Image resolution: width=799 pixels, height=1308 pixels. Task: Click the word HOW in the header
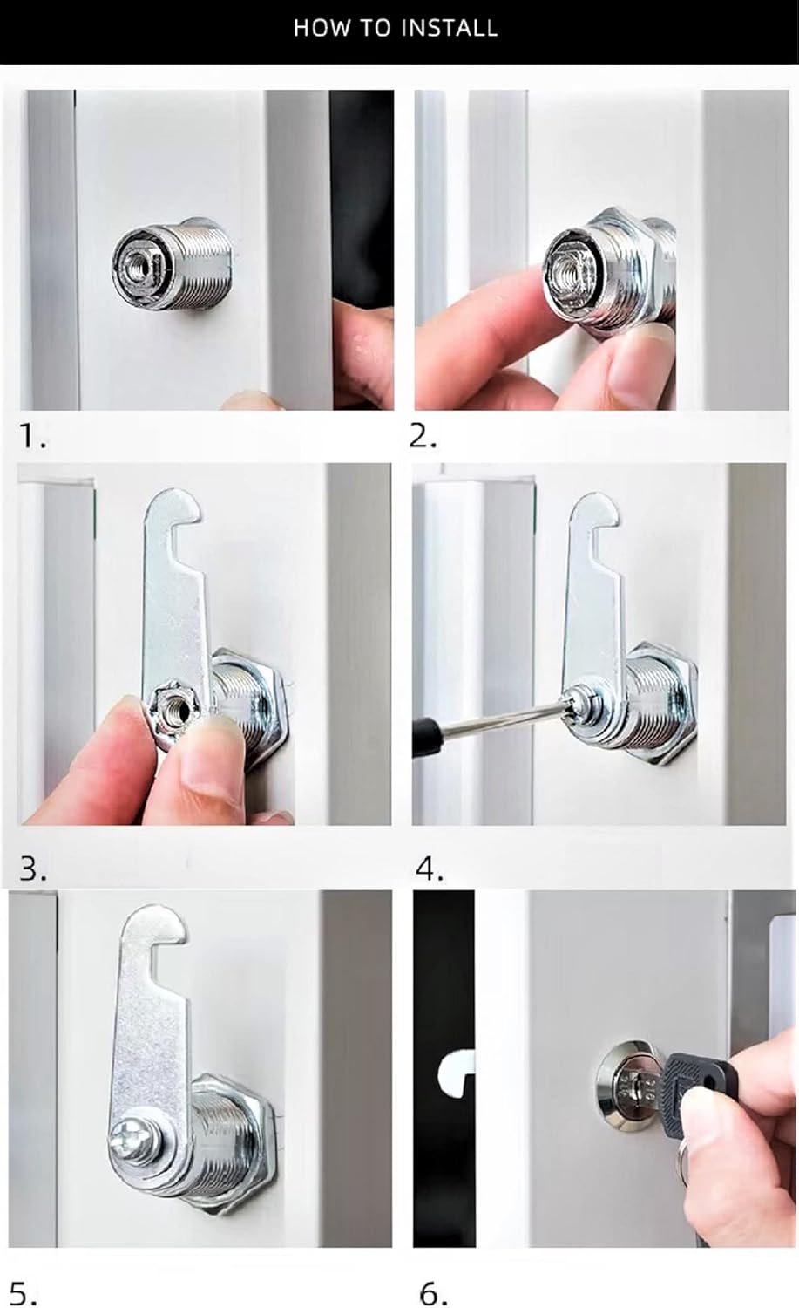click(x=314, y=28)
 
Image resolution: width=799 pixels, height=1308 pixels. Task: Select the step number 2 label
click(x=423, y=436)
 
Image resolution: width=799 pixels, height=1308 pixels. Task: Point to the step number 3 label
click(x=32, y=869)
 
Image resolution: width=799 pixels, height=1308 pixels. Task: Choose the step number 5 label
click(x=24, y=1294)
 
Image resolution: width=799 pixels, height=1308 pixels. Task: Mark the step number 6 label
click(x=433, y=1294)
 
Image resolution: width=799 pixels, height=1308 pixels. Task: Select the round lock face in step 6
click(x=626, y=1088)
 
